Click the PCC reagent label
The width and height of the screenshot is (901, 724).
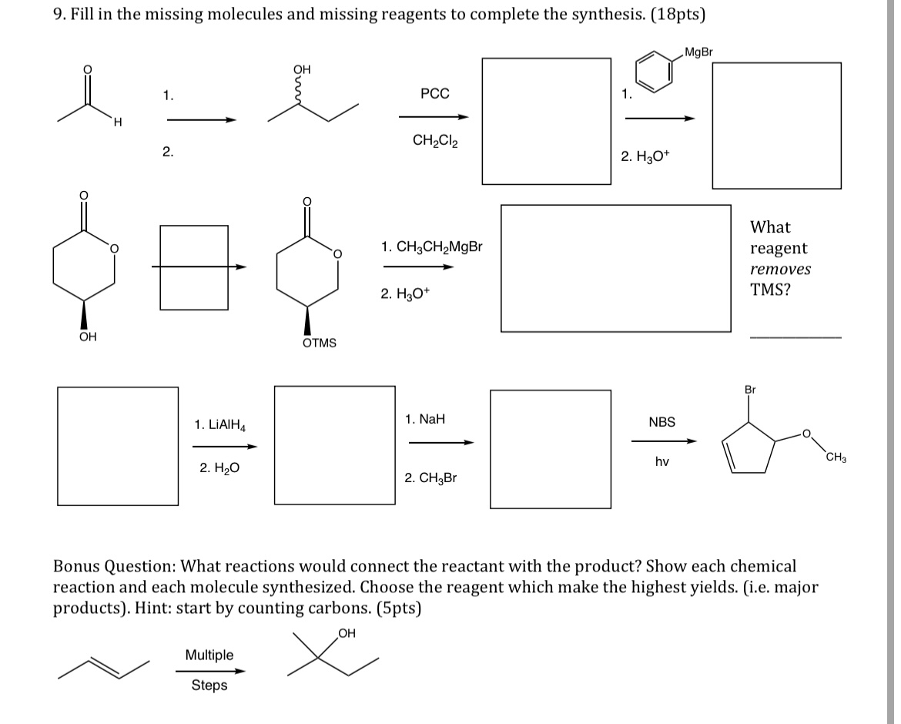(x=435, y=94)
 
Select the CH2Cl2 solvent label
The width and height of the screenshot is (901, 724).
(x=435, y=141)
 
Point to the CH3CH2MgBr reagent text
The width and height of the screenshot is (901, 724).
(x=432, y=247)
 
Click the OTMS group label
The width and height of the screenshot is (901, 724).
(x=319, y=343)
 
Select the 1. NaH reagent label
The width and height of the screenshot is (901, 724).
(x=424, y=420)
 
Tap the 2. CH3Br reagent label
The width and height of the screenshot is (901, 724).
(x=430, y=478)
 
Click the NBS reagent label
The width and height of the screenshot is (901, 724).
(x=662, y=422)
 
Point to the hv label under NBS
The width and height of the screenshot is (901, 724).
(x=662, y=462)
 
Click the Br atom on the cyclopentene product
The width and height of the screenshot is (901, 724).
(x=750, y=390)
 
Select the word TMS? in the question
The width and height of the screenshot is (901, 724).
(x=770, y=290)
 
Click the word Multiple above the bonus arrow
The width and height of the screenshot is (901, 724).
(x=209, y=655)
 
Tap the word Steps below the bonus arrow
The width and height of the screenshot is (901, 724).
(x=209, y=685)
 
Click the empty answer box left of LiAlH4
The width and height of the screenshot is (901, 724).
(x=118, y=446)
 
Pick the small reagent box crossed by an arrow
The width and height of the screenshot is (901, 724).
(x=194, y=267)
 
